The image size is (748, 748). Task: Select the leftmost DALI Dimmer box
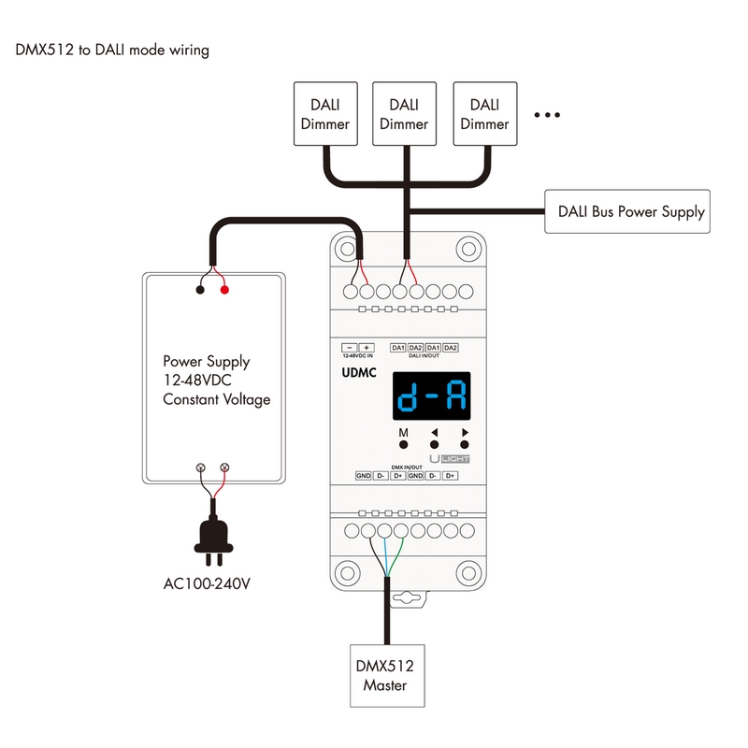point(325,114)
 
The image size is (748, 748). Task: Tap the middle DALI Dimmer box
point(404,114)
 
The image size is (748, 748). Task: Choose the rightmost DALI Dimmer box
point(484,114)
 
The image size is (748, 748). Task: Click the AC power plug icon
point(212,541)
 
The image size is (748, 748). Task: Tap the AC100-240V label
point(207,584)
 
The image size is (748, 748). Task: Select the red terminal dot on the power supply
point(223,290)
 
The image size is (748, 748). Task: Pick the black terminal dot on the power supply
point(200,290)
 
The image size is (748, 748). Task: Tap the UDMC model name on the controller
point(359,373)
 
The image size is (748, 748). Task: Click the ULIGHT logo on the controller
point(450,457)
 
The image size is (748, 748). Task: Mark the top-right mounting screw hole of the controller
point(467,250)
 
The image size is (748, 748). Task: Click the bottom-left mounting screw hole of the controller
point(348,569)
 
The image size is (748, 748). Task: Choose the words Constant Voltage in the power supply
point(216,399)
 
